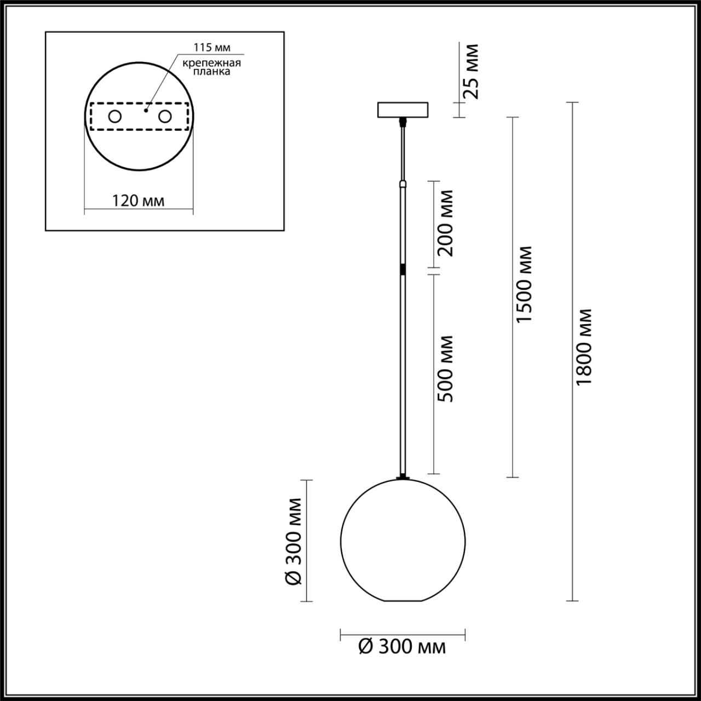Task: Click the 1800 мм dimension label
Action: tap(585, 347)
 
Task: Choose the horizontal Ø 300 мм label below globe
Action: tap(402, 647)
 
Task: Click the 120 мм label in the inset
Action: tap(138, 201)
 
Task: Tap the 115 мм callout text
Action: tap(208, 48)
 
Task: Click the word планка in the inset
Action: tap(212, 72)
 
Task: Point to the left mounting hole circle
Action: tap(115, 116)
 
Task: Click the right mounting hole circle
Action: tap(164, 116)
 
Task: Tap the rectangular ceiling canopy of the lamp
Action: tap(403, 110)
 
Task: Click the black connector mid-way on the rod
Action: tap(403, 270)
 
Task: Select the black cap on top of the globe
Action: tap(403, 478)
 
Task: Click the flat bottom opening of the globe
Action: tap(403, 601)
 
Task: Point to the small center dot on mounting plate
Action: tap(145, 110)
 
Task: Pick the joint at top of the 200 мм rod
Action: tap(403, 185)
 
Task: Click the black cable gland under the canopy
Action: tap(403, 120)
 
